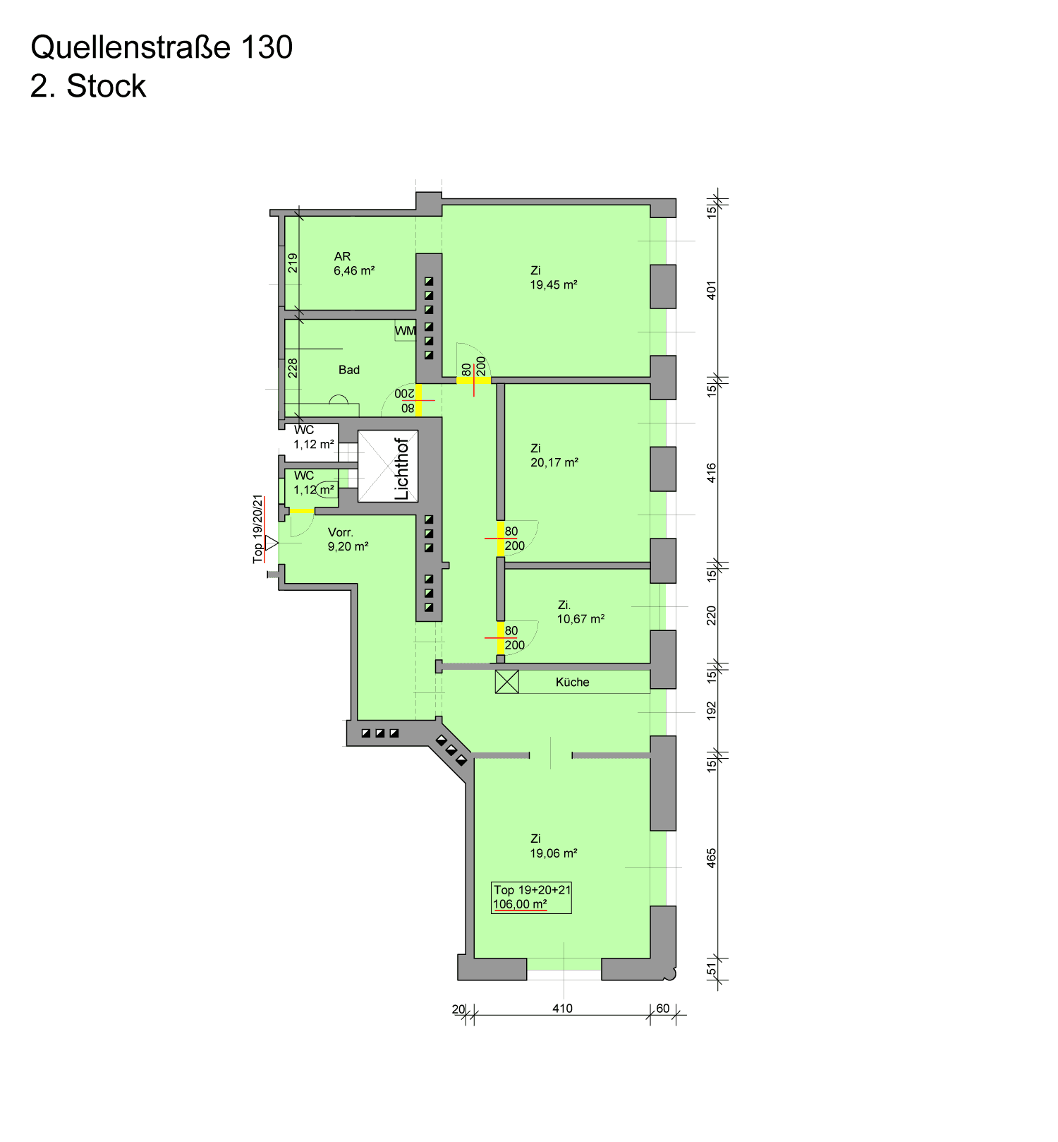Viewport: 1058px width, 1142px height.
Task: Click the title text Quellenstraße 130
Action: pos(162,47)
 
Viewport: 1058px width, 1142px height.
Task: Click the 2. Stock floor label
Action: pos(88,86)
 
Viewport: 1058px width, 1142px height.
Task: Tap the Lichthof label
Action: pos(401,469)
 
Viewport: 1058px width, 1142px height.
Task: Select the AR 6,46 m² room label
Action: pos(354,263)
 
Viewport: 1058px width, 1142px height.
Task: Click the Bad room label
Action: pos(349,370)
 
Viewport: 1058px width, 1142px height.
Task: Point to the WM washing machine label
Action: pos(406,330)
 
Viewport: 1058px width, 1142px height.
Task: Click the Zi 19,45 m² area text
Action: pos(554,277)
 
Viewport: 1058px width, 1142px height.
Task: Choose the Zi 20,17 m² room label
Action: pos(554,455)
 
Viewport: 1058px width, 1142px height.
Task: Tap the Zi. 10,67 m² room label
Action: pos(580,612)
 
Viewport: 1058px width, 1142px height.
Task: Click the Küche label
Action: pos(572,682)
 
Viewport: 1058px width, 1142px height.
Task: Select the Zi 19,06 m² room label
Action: pos(554,846)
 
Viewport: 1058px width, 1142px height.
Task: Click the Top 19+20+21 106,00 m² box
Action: pos(532,897)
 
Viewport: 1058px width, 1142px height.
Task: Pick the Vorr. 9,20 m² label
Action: pos(348,539)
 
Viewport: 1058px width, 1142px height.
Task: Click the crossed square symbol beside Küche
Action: pos(507,682)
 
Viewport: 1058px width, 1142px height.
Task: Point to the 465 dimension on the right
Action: pos(712,858)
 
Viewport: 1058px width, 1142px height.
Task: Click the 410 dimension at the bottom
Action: pos(562,1008)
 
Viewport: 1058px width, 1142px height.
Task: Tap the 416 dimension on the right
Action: pos(712,473)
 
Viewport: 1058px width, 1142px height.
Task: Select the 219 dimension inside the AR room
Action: pos(293,263)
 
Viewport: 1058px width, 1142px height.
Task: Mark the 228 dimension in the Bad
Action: pos(293,368)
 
